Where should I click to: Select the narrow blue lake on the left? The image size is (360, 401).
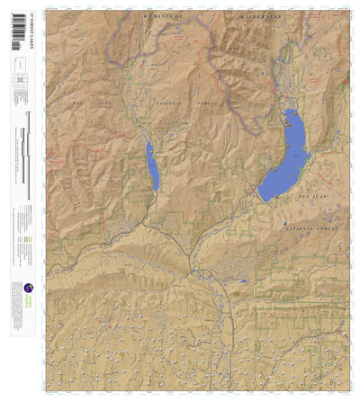(x=152, y=166)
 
